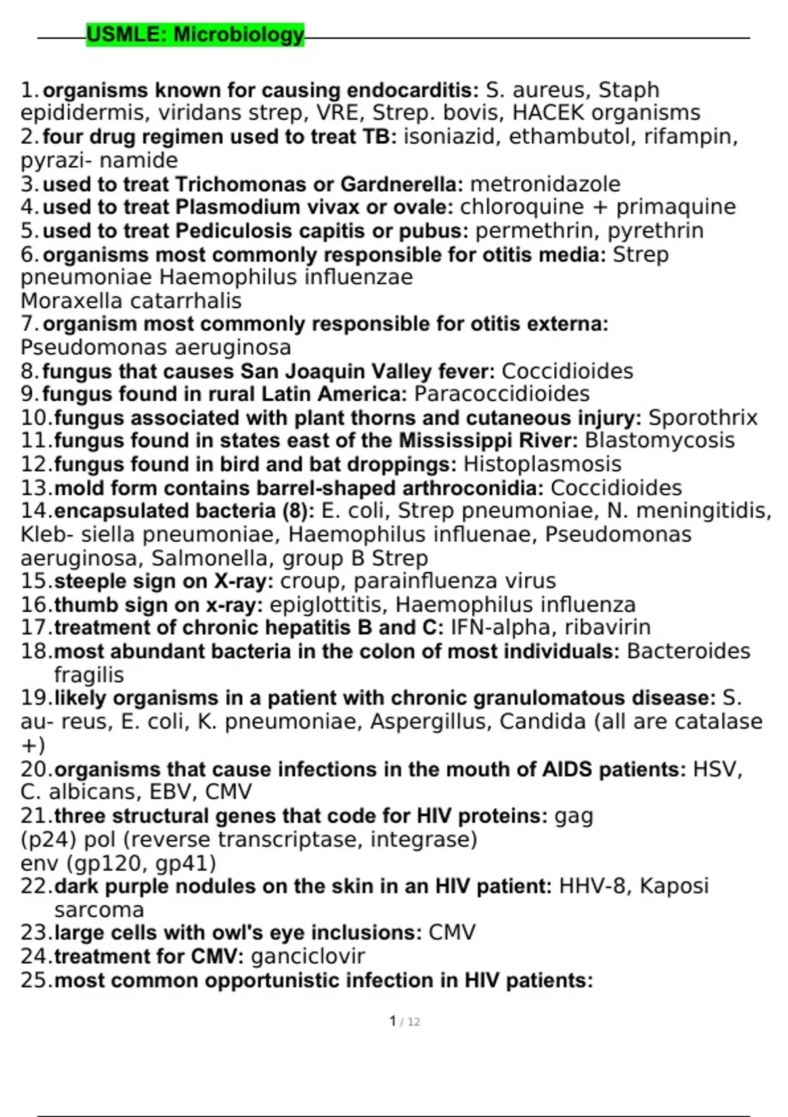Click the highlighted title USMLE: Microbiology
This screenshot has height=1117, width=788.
(x=195, y=34)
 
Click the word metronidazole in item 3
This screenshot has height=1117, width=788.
(x=545, y=184)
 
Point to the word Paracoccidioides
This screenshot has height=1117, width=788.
(x=502, y=394)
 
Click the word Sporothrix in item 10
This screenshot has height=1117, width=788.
(x=703, y=417)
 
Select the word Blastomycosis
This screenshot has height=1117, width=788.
(x=659, y=440)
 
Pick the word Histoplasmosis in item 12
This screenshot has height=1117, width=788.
(x=542, y=464)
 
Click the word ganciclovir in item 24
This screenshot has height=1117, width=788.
(x=307, y=956)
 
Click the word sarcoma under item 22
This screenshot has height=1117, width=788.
(x=98, y=910)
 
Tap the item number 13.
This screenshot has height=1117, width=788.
(x=35, y=488)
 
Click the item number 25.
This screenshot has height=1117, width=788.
(x=35, y=980)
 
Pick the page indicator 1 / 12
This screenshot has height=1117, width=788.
(x=405, y=1022)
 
